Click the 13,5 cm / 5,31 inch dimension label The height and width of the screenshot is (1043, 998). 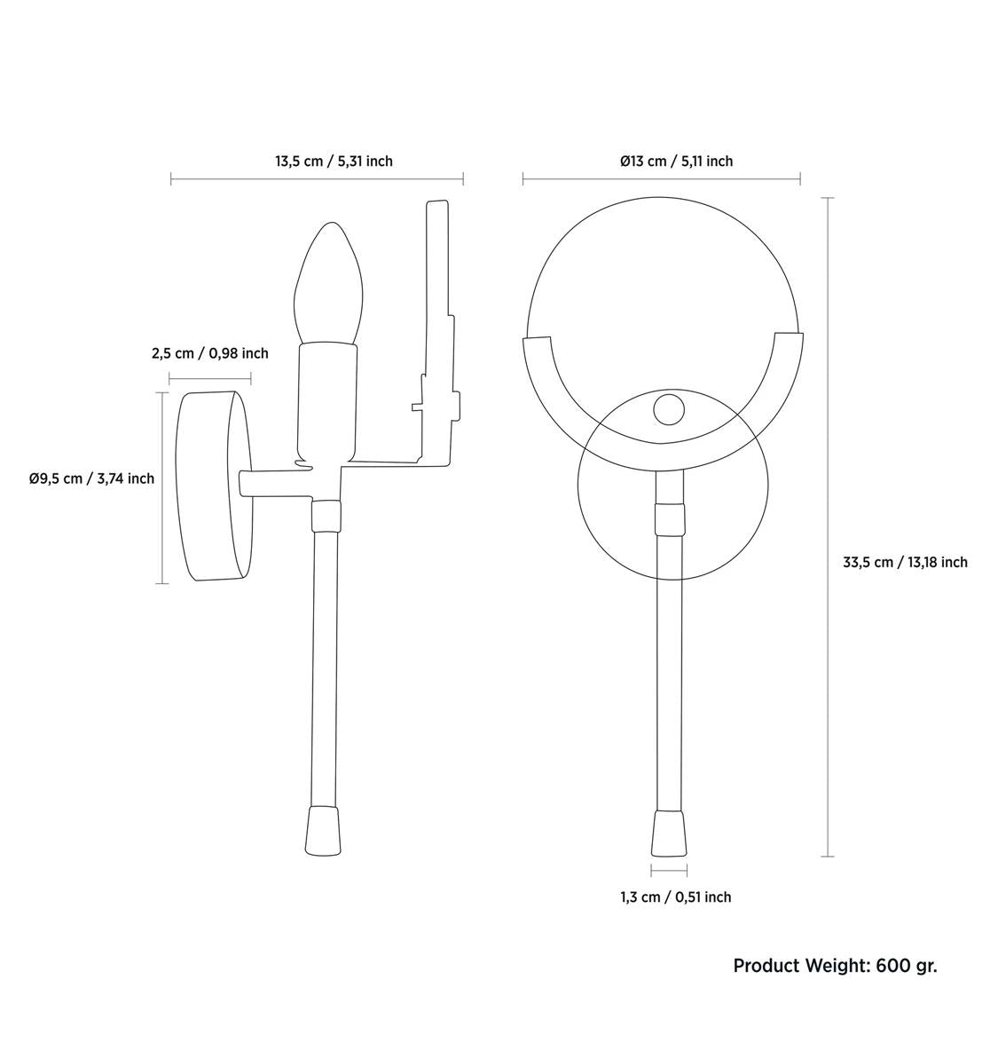click(x=334, y=162)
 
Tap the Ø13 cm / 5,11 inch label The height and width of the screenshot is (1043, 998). click(x=676, y=162)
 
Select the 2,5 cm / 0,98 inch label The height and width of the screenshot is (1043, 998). click(x=209, y=353)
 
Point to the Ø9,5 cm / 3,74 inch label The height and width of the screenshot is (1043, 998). click(x=91, y=478)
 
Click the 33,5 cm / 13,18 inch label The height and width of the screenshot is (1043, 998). click(x=905, y=562)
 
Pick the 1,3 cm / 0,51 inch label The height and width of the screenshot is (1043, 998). click(x=675, y=897)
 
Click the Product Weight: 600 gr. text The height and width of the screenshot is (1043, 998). click(x=835, y=966)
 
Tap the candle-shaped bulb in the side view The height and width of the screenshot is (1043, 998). click(x=329, y=284)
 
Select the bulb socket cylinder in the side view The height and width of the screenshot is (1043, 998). click(x=329, y=399)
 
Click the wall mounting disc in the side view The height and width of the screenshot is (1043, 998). click(x=213, y=486)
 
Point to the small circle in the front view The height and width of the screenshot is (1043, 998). click(x=669, y=409)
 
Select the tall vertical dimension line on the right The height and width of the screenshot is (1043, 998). click(x=829, y=526)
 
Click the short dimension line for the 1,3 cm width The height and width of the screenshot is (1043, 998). click(x=669, y=871)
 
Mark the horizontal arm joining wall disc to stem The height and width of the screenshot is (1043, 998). click(x=275, y=484)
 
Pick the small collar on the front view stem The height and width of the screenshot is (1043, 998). click(x=670, y=519)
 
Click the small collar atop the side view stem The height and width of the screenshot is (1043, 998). click(x=326, y=515)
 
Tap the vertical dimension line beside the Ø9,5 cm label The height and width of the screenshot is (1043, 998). click(x=162, y=487)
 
